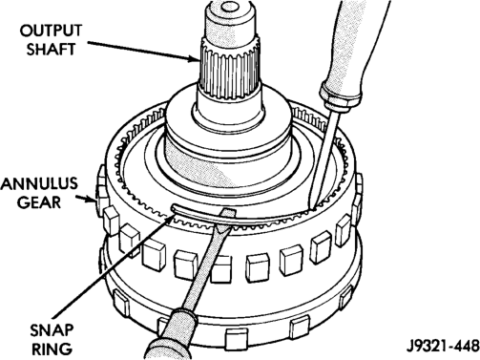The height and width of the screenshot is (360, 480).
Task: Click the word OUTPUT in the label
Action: [51, 31]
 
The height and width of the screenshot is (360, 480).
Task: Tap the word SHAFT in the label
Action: [51, 50]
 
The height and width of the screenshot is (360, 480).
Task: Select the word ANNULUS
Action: [39, 183]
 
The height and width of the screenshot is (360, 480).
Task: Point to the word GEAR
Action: [39, 202]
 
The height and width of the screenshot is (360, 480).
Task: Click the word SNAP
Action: [52, 330]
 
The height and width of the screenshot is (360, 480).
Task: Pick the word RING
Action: [52, 349]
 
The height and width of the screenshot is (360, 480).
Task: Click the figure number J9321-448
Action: [442, 346]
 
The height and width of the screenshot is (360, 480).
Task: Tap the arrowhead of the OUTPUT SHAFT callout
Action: [195, 59]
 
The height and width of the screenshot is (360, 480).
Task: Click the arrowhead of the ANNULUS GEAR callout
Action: [92, 200]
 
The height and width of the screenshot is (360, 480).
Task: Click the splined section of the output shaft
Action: [230, 68]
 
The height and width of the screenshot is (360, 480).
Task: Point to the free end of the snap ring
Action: [174, 208]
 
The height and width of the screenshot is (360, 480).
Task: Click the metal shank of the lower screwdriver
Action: [207, 261]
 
